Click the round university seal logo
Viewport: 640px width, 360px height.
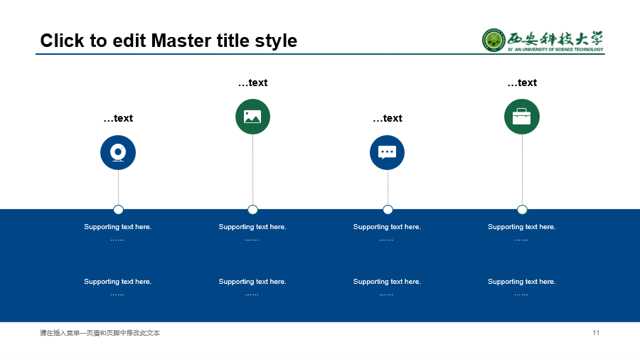(494, 40)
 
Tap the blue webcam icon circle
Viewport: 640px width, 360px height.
(118, 153)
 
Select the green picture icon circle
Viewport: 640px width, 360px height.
(252, 117)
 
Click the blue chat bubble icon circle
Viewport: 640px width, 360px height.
(388, 153)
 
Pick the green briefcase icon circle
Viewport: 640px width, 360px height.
(522, 117)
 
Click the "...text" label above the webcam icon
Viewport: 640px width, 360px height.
(118, 118)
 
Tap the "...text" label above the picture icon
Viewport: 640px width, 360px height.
(252, 83)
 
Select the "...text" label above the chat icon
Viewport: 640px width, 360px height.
(388, 118)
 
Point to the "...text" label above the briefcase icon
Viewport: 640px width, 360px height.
(522, 83)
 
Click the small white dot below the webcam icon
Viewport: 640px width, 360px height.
(118, 210)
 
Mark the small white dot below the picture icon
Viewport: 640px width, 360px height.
(252, 210)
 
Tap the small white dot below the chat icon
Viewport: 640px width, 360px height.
(388, 210)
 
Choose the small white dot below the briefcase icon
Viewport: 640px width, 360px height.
(522, 210)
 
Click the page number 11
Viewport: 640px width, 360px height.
(596, 333)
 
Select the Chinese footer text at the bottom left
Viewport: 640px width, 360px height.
(100, 333)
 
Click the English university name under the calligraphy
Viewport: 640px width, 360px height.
(555, 49)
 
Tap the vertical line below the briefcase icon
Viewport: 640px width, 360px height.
(522, 169)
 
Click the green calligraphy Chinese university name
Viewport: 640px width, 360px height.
(555, 38)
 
